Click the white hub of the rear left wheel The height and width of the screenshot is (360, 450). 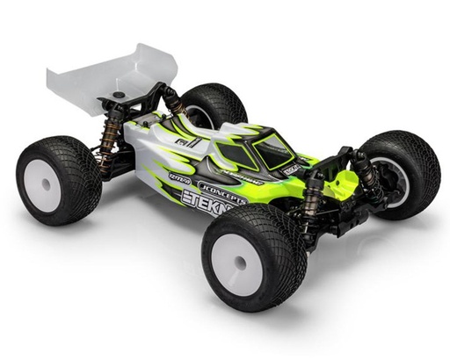pyautogui.click(x=41, y=186)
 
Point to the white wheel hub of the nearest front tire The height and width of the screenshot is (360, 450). pyautogui.click(x=236, y=264)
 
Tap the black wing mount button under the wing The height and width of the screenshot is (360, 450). pyautogui.click(x=118, y=92)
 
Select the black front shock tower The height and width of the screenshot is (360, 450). pyautogui.click(x=347, y=162)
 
